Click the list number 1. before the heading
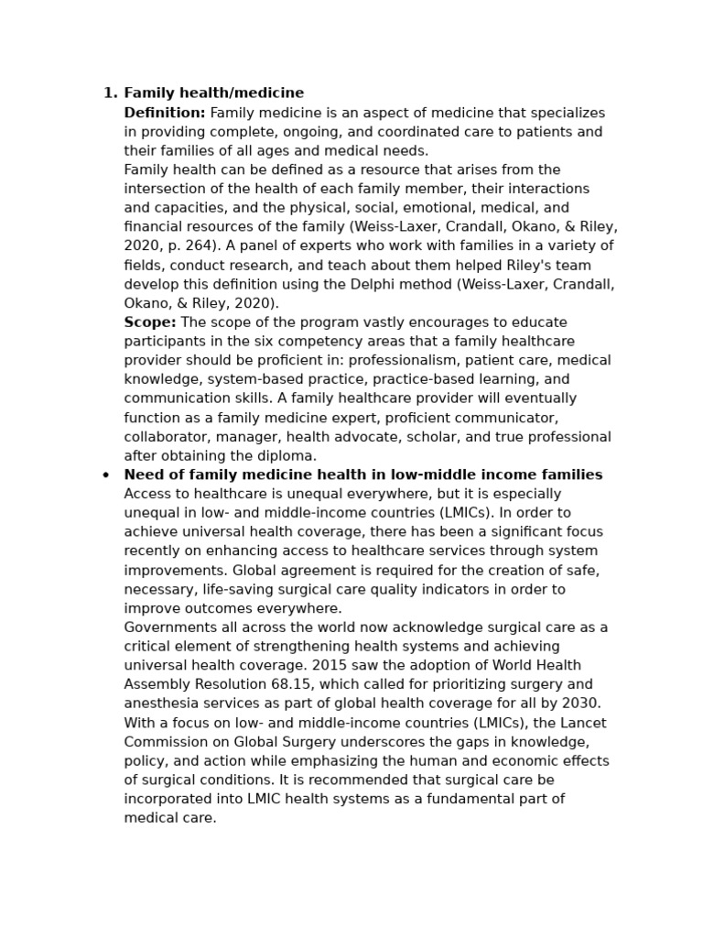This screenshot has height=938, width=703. [x=110, y=93]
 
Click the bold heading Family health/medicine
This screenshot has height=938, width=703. [x=213, y=93]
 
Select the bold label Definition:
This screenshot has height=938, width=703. [x=165, y=113]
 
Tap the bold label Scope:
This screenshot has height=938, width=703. [x=150, y=322]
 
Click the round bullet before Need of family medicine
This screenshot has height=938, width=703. [x=106, y=475]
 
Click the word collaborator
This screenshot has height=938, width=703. [x=165, y=437]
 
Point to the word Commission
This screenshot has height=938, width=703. [x=162, y=742]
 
